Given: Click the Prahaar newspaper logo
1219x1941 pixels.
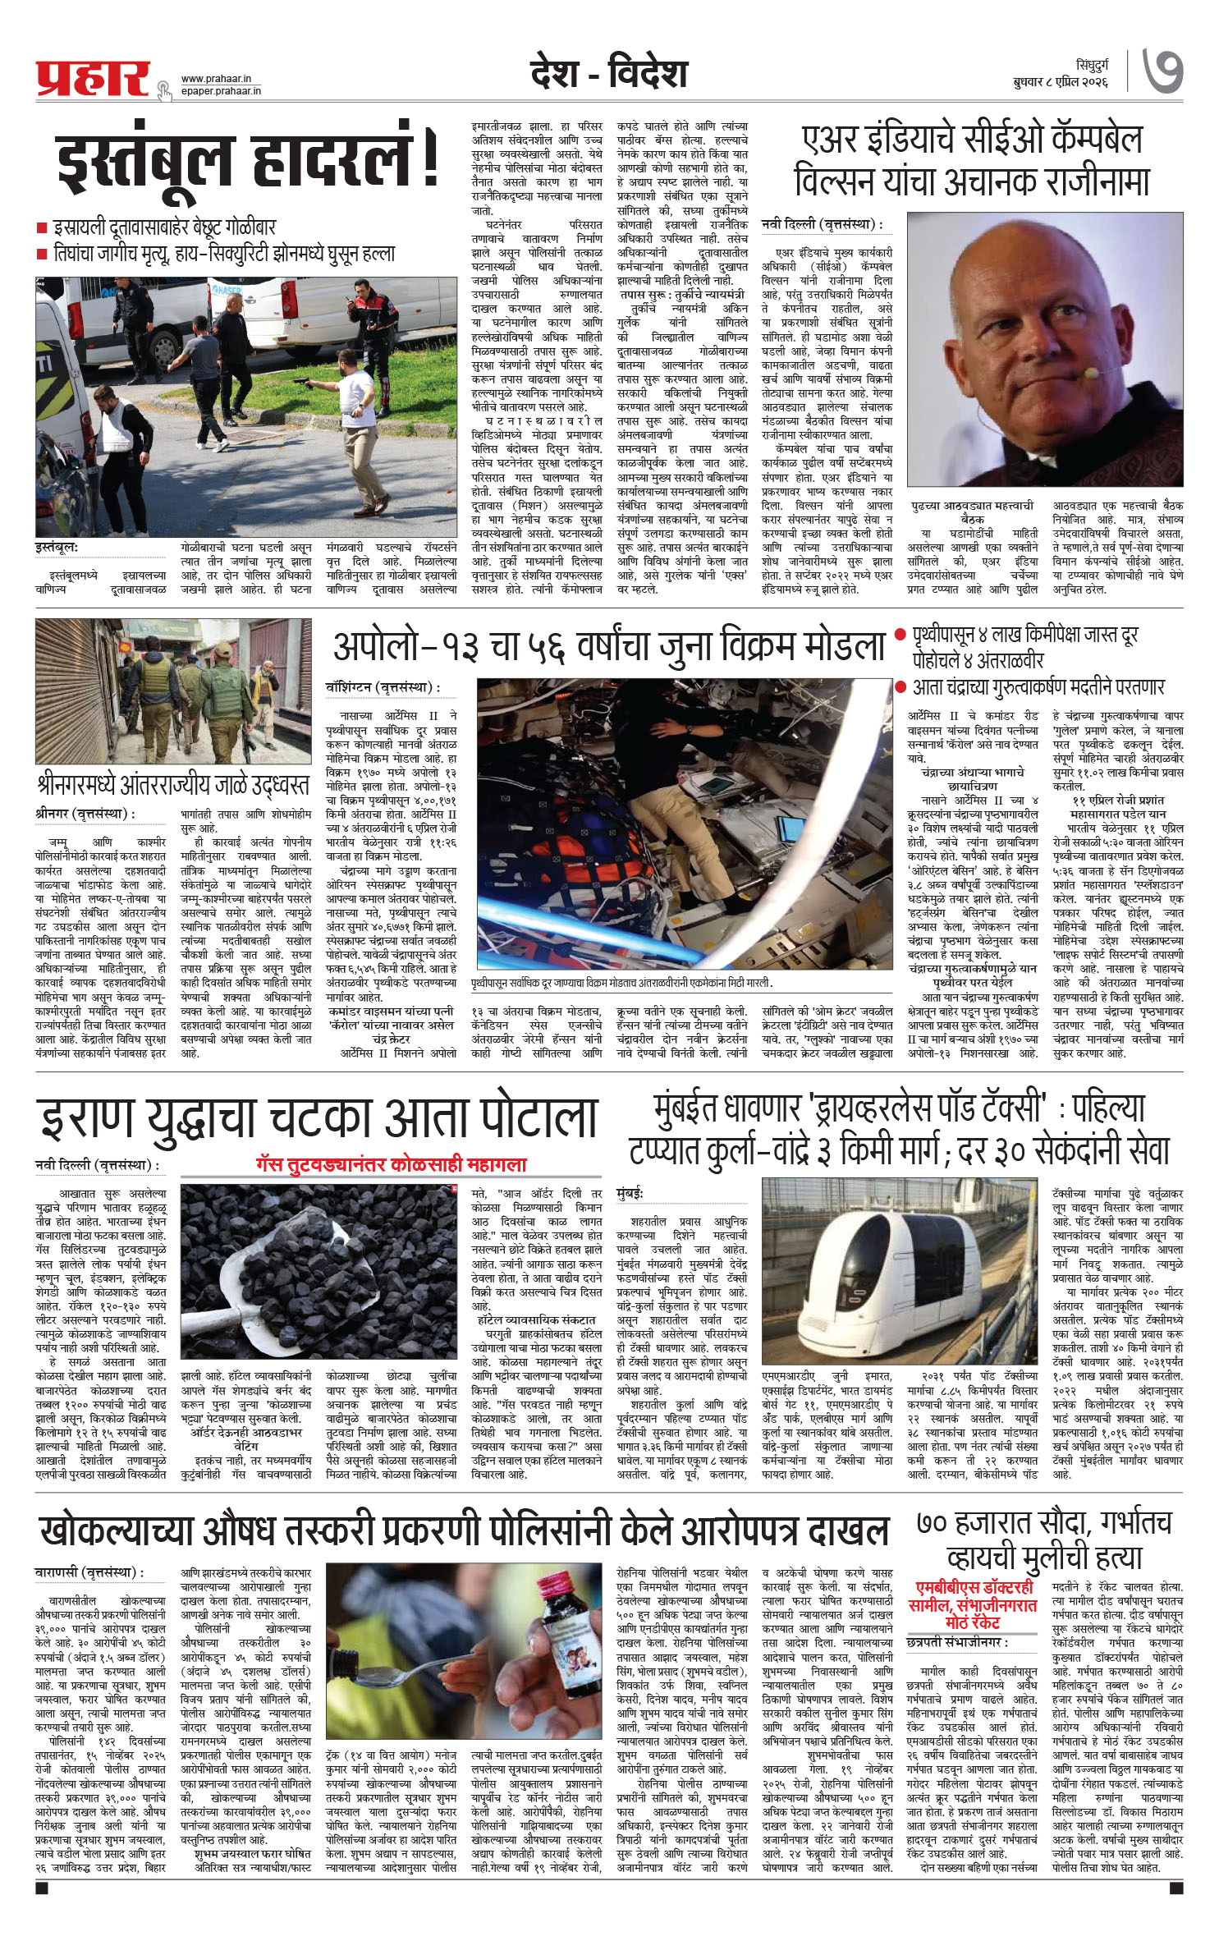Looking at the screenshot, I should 92,77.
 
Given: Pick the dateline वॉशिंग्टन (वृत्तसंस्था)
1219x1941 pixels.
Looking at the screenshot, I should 381,686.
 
